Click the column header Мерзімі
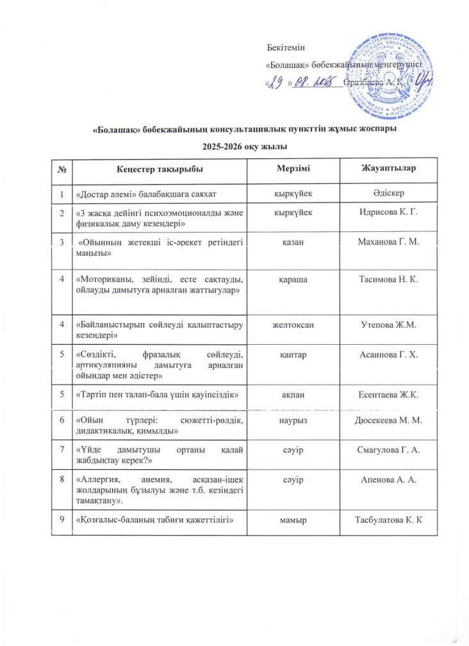pyautogui.click(x=293, y=168)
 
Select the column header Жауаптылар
pyautogui.click(x=390, y=168)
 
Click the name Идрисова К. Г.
pyautogui.click(x=390, y=211)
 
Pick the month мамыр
pyautogui.click(x=293, y=518)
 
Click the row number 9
pyautogui.click(x=62, y=518)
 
